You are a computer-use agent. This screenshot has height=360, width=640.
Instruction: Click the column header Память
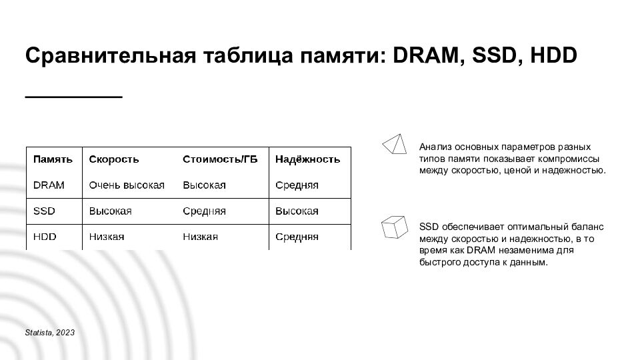53,159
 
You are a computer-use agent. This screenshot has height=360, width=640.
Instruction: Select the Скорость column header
114,159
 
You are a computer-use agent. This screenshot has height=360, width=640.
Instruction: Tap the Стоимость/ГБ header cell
220,159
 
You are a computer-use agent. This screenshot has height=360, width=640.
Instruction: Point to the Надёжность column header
307,159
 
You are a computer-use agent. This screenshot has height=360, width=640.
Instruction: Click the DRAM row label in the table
49,185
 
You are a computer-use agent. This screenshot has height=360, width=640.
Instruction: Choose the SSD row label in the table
44,211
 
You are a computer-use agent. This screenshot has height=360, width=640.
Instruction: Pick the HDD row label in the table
45,237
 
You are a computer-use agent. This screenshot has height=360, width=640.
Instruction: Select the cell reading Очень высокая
127,185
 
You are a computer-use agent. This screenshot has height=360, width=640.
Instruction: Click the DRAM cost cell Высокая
204,185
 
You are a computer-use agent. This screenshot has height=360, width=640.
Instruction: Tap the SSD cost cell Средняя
204,211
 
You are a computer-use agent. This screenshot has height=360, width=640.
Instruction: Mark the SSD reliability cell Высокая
297,211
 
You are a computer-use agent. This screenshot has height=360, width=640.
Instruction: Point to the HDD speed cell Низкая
107,237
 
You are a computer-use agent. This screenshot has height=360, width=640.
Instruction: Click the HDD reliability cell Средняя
297,237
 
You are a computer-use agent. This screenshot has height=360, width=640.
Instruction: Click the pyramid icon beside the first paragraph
394,143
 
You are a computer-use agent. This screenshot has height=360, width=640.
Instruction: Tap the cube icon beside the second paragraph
394,227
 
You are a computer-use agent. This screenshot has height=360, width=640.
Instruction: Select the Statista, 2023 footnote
50,332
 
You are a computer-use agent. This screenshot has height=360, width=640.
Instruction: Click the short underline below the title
73,97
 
